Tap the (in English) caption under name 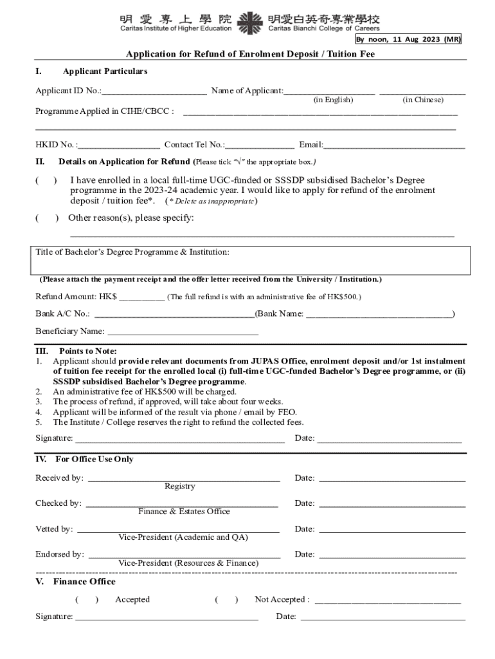point(332,100)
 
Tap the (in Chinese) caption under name point(422,100)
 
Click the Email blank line point(394,145)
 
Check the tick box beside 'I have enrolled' point(46,181)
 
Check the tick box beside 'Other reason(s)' point(47,218)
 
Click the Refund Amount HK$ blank point(141,297)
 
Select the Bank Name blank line point(378,315)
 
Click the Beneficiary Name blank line point(183,332)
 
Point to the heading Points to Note point(88,351)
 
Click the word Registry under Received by point(180,487)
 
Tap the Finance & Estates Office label point(184,512)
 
